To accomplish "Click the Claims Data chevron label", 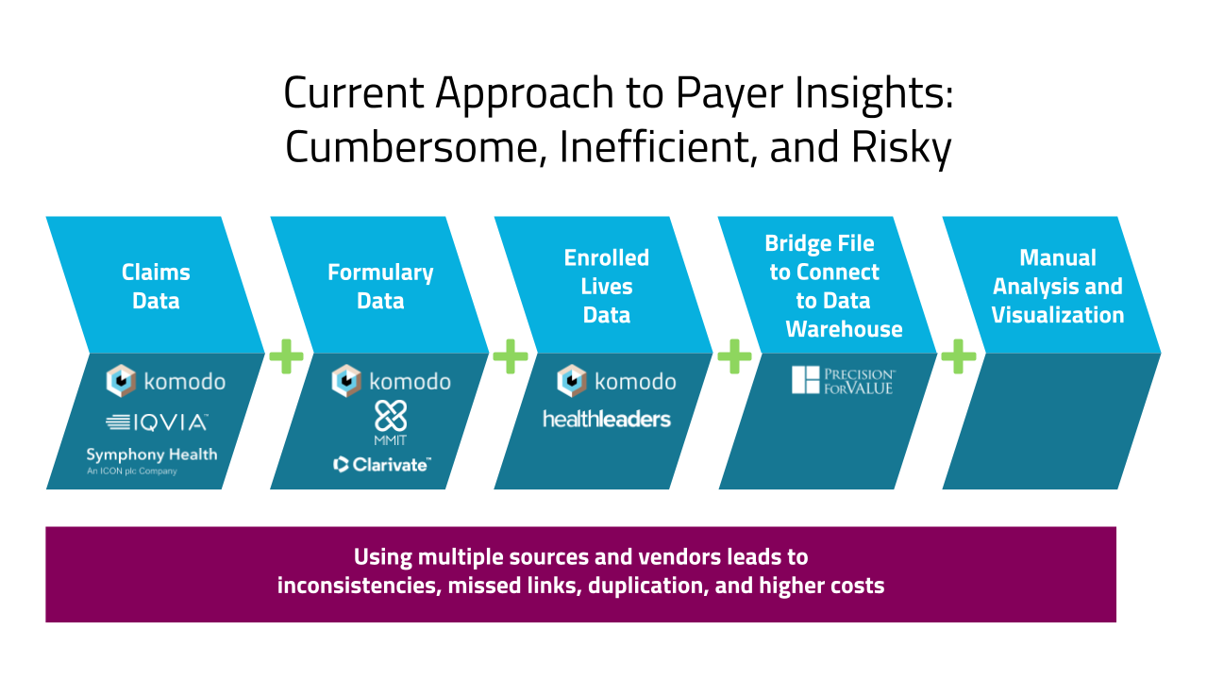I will [156, 287].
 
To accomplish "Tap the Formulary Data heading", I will [380, 287].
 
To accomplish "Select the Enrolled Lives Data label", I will [606, 287].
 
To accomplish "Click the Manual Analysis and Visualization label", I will [1057, 287].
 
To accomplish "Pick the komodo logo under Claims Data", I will [166, 381].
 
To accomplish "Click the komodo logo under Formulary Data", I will [391, 381].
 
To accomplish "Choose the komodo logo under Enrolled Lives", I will [616, 381].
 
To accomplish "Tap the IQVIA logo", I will [157, 422].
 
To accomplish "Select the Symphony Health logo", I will [151, 459].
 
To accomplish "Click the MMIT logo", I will [390, 423].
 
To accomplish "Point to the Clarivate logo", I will [383, 464].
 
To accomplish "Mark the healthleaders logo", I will [606, 419].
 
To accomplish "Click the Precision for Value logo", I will [843, 381].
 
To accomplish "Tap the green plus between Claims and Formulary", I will [286, 356].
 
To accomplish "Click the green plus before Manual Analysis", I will [959, 356].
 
